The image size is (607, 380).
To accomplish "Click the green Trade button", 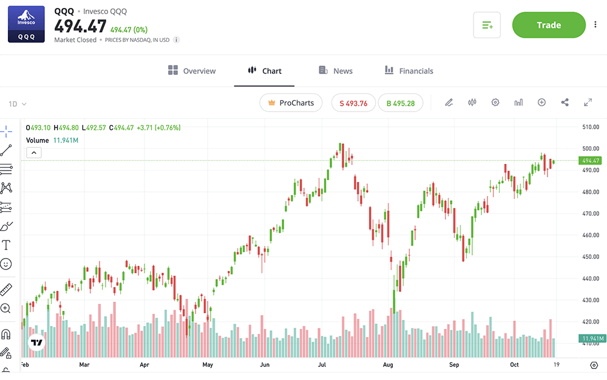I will click(548, 25).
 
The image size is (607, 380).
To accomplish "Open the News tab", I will click(336, 71).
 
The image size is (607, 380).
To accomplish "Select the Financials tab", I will click(409, 71).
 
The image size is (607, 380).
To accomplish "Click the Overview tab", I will click(192, 71).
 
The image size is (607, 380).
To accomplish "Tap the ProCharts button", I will click(291, 103).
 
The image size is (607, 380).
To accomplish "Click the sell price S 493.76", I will click(353, 103).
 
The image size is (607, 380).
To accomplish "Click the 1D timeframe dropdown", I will click(18, 104).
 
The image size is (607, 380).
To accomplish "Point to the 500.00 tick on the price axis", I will click(591, 149).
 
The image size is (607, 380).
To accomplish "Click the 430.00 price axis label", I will click(591, 300).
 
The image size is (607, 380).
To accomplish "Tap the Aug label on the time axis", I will click(388, 365).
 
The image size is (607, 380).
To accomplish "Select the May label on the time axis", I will click(208, 365).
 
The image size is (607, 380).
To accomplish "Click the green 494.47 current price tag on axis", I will click(591, 161).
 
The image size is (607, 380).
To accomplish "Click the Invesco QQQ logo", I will click(26, 24).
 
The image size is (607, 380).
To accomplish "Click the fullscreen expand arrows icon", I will click(588, 103).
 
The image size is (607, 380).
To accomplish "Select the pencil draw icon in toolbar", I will click(449, 103).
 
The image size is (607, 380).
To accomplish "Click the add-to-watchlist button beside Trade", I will click(487, 25).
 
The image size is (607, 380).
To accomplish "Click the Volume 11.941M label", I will click(52, 140).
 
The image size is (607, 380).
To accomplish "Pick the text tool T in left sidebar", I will click(6, 245).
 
